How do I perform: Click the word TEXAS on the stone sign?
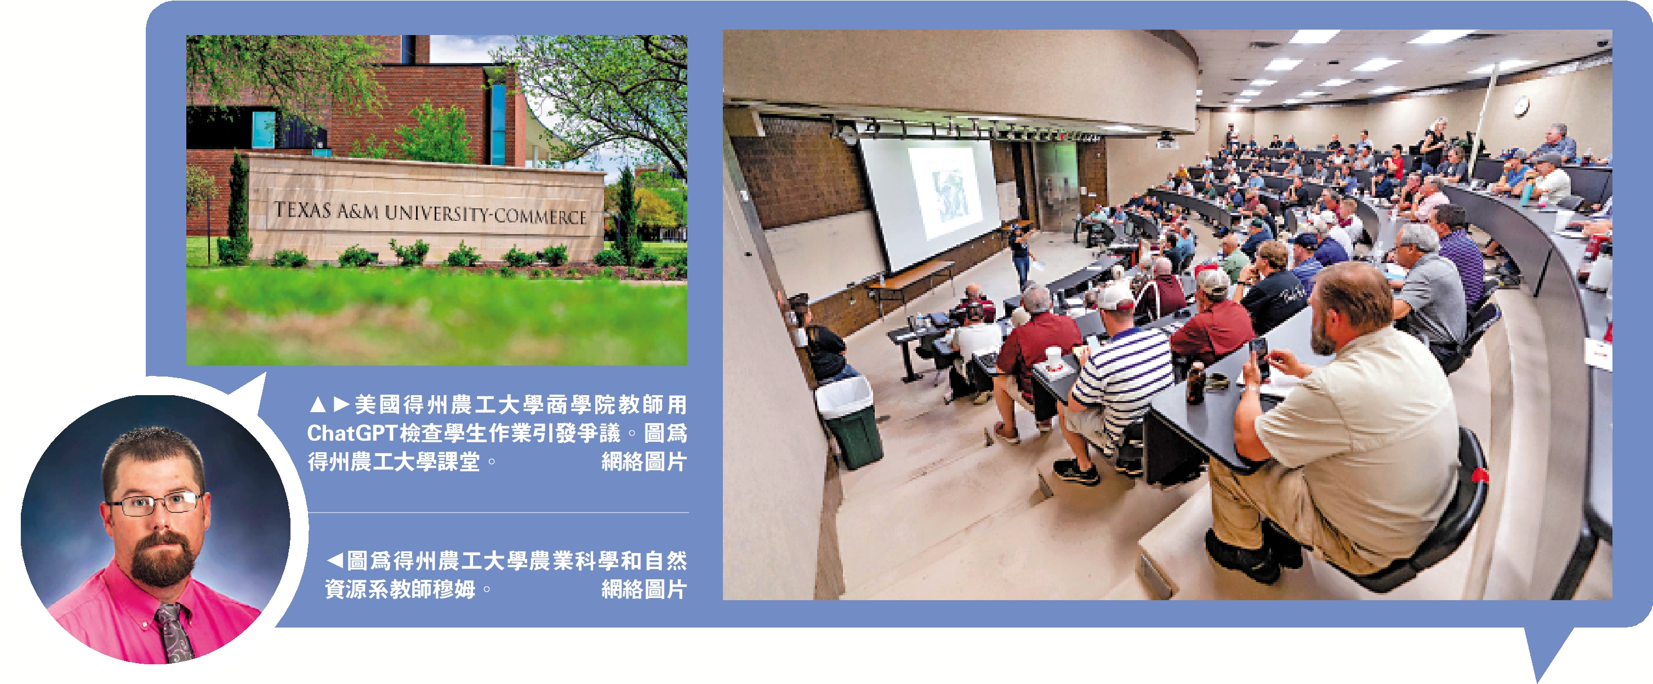pos(302,209)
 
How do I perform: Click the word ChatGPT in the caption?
pos(352,434)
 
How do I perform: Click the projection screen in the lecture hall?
pos(931,199)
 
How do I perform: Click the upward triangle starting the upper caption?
pos(317,404)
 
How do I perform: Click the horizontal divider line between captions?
pos(499,512)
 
